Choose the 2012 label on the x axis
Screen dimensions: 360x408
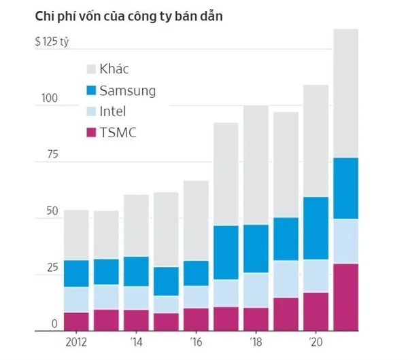coord(76,341)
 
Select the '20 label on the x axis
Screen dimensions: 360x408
coord(315,341)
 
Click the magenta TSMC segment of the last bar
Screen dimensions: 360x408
coord(345,297)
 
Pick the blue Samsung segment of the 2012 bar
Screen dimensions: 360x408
coord(76,273)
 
